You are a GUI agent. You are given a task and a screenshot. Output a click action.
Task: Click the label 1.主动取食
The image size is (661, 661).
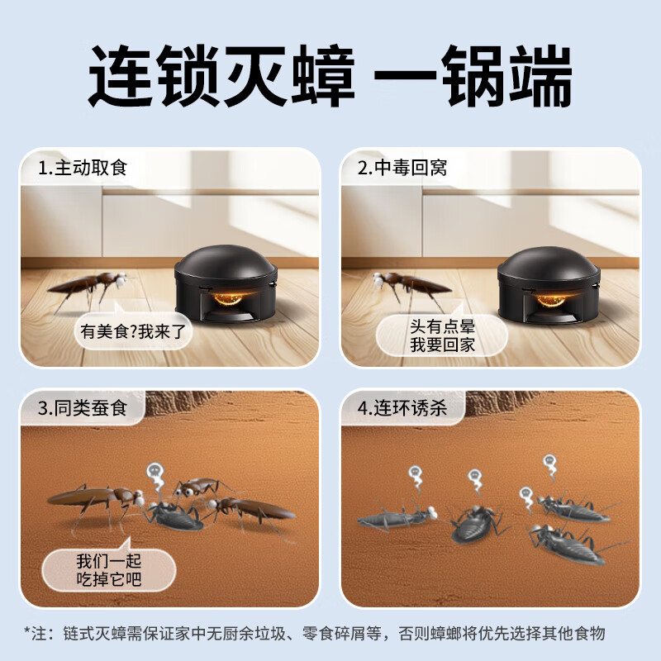coord(83,169)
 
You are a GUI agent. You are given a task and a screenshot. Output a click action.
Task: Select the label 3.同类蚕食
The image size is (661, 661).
coord(83,408)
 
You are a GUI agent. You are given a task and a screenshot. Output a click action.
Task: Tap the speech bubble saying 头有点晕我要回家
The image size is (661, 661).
coord(443,335)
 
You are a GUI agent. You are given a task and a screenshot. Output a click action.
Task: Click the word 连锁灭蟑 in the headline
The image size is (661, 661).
coord(221,76)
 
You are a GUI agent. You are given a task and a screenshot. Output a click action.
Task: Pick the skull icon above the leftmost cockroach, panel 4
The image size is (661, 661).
coord(416,476)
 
